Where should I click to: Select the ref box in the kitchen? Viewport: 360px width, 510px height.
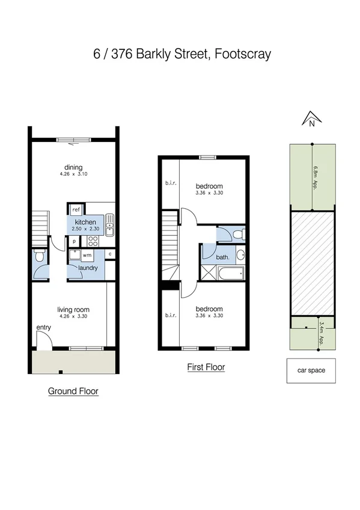pyautogui.click(x=76, y=210)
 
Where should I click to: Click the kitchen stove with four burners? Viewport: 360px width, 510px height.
pyautogui.click(x=93, y=241)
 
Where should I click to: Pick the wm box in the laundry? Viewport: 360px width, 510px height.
pyautogui.click(x=87, y=256)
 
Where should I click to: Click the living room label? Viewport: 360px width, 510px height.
pyautogui.click(x=73, y=309)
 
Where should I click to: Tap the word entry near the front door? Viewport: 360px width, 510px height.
pyautogui.click(x=44, y=328)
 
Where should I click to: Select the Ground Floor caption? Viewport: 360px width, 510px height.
pyautogui.click(x=73, y=392)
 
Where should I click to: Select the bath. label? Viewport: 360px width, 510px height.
pyautogui.click(x=222, y=257)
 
